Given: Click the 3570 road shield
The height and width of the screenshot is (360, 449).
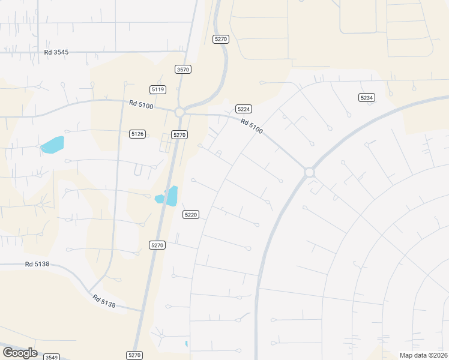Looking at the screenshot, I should click(x=183, y=70).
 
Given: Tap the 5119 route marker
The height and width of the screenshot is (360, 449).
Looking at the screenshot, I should click(x=158, y=89).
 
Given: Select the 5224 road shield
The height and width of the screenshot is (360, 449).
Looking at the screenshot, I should click(x=243, y=109).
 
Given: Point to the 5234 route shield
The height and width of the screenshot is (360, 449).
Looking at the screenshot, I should click(x=366, y=97).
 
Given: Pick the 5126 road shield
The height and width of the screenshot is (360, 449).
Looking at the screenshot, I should click(x=137, y=134).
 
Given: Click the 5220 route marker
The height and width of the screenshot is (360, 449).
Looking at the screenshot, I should click(x=191, y=214).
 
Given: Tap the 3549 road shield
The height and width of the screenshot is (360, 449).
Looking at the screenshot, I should click(x=52, y=357).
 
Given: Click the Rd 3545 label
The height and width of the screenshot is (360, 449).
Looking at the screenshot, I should click(x=56, y=52).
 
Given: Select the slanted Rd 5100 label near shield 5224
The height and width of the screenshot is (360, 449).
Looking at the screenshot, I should click(x=252, y=126).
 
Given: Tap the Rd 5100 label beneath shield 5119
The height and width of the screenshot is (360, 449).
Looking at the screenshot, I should click(x=142, y=104).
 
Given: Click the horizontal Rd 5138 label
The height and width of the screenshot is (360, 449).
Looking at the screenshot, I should click(x=37, y=263).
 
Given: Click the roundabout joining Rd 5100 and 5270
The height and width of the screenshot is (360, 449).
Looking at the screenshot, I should click(x=179, y=112).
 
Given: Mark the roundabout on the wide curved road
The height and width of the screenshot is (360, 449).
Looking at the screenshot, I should click(x=309, y=172).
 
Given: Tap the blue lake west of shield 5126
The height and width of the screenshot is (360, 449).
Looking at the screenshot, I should click(x=52, y=145).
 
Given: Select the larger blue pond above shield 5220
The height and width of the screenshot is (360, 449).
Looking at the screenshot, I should click(x=172, y=196).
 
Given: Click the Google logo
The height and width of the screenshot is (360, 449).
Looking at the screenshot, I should click(x=20, y=353).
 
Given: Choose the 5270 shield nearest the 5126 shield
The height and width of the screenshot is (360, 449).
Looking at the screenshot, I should click(x=179, y=135).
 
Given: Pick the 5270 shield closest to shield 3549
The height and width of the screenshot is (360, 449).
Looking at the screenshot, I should click(x=134, y=355).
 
